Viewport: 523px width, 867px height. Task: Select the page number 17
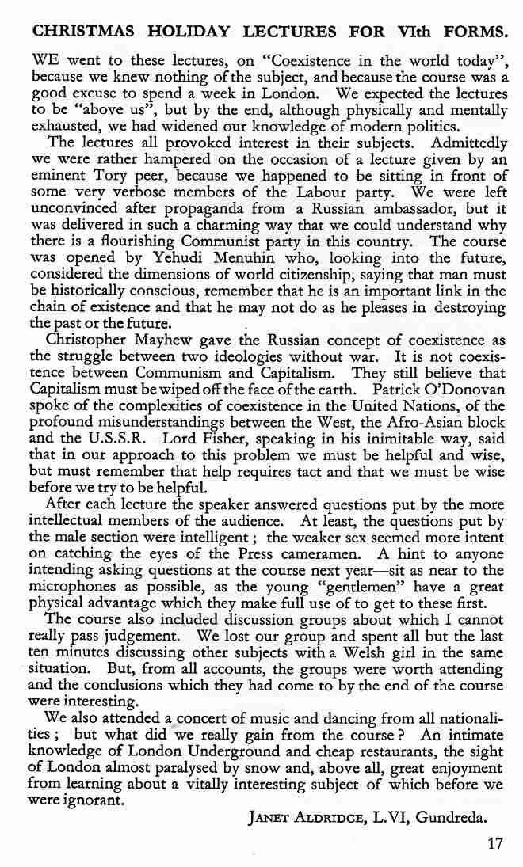tap(495, 843)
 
